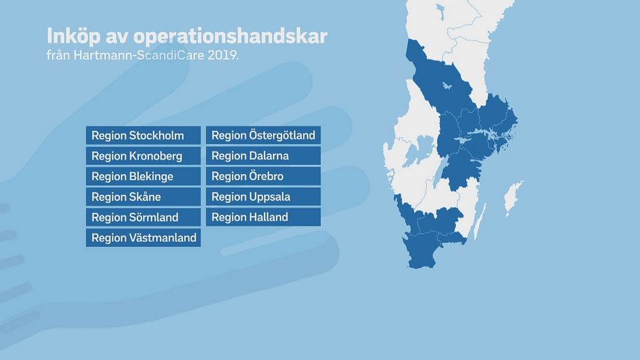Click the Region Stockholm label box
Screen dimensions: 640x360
coord(143,135)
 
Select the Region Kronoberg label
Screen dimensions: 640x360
coord(143,155)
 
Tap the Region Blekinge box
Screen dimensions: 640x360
coord(143,176)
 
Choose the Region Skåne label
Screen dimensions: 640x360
coord(143,196)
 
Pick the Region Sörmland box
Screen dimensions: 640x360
coord(143,217)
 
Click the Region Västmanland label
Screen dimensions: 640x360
coord(143,237)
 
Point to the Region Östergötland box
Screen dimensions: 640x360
coord(263,135)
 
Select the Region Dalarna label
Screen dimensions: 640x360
coord(263,155)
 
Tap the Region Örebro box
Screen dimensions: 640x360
coord(263,176)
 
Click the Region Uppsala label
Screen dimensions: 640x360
coord(263,196)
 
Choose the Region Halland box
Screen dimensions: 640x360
coord(263,217)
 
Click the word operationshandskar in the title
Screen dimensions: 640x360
coord(230,37)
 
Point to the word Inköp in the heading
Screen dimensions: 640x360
coord(74,36)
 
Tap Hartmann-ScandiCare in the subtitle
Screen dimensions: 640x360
coord(139,55)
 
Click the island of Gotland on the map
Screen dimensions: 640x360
coord(512,198)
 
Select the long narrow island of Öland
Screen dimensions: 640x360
coord(479,222)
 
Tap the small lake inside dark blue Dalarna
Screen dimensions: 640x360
coord(447,86)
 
